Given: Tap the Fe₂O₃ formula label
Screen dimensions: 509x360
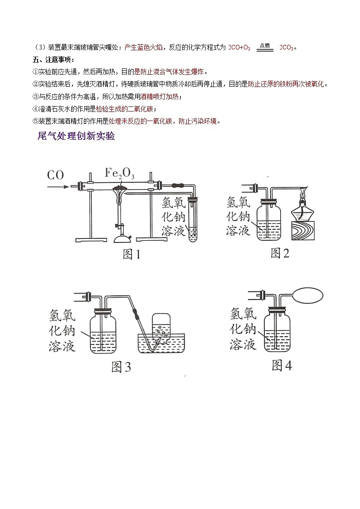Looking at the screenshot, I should (x=120, y=173).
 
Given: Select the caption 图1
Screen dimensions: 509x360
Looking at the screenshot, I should (x=131, y=255).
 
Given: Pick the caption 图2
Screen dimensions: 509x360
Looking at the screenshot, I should (x=280, y=253).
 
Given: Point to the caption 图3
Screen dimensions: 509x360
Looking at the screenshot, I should (x=121, y=367).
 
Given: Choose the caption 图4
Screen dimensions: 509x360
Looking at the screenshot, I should (x=281, y=365).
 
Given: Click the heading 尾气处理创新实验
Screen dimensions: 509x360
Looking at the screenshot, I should (x=76, y=136).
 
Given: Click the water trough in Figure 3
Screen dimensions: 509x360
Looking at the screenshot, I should (x=162, y=347).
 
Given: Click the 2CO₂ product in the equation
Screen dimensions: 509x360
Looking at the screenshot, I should (x=286, y=47).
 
